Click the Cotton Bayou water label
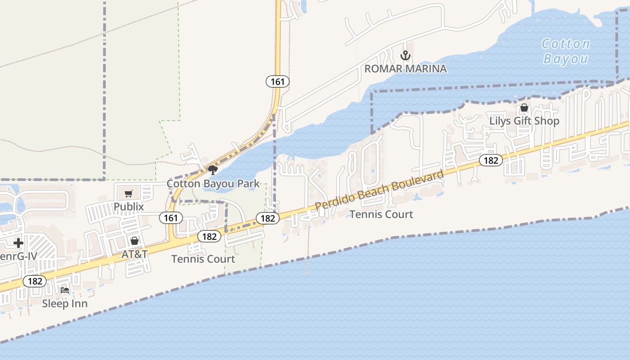point(566,51)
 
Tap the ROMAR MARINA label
point(405,69)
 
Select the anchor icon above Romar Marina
point(405,56)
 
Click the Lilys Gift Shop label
point(524,121)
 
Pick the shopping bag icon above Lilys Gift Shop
point(524,108)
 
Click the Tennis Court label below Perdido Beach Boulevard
point(381,214)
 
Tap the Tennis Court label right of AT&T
point(203,259)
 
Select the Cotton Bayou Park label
point(213,184)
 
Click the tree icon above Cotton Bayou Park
point(212,170)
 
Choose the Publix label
point(129,207)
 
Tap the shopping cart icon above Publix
point(129,194)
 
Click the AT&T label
point(135,254)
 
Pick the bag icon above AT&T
point(134,241)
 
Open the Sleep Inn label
point(65,304)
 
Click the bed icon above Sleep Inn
point(65,290)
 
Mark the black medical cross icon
point(18,243)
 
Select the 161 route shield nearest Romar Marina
point(278,81)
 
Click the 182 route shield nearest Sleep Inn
point(35,281)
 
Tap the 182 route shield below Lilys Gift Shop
point(490,160)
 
